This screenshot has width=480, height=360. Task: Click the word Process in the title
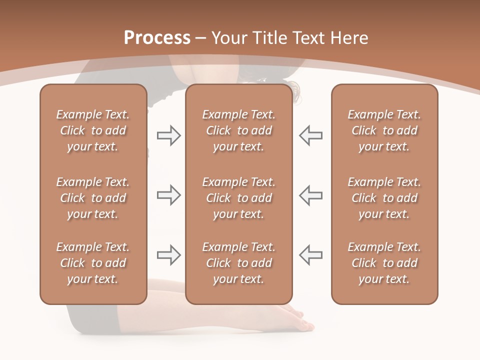point(157,38)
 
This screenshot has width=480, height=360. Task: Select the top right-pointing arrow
point(169,135)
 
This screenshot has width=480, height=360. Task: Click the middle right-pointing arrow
point(169,195)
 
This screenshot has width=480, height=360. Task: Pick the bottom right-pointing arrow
point(169,255)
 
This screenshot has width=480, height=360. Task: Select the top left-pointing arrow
point(310,135)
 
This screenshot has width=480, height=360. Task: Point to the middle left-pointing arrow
point(310,195)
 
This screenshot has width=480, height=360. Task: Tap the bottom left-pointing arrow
point(310,255)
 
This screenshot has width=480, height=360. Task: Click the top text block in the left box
point(93,130)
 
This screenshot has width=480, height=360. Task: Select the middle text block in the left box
point(93,198)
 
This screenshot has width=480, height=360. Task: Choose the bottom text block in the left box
point(93,263)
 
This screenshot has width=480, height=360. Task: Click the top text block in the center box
point(239,130)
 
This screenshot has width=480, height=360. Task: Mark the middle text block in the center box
point(239,198)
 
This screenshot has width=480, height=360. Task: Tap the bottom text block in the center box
point(239,263)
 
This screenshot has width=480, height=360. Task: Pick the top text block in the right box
point(384,130)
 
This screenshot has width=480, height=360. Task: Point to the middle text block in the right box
point(384,198)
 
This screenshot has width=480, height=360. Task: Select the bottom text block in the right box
point(384,263)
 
